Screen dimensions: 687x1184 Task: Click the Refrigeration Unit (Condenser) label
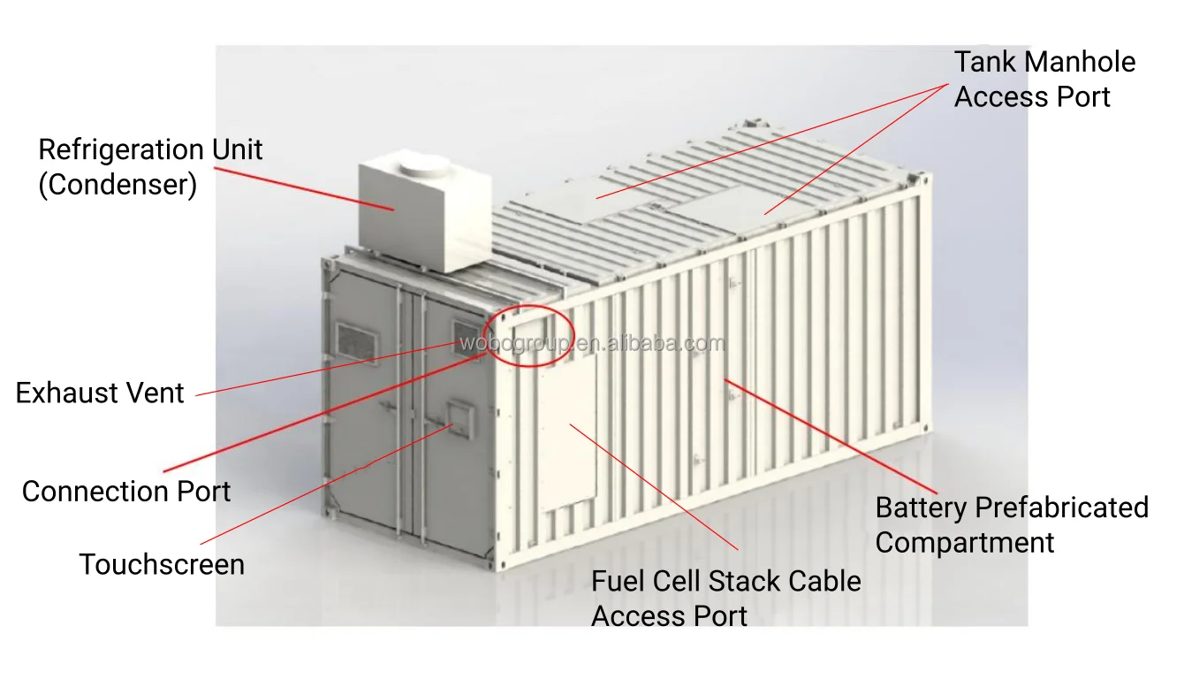(x=150, y=167)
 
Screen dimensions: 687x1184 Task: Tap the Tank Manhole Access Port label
(x=1044, y=80)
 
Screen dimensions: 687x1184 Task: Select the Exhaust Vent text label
(x=100, y=393)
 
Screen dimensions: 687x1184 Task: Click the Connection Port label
(x=126, y=492)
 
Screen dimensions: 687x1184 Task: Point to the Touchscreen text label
(x=162, y=564)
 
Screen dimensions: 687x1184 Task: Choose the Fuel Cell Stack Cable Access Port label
(x=725, y=598)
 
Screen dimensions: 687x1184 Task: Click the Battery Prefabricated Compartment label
(x=1011, y=525)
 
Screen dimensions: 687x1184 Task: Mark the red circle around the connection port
(x=534, y=335)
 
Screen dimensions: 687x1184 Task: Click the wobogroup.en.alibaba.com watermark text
(x=592, y=344)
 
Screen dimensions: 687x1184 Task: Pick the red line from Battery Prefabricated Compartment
(x=831, y=434)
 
